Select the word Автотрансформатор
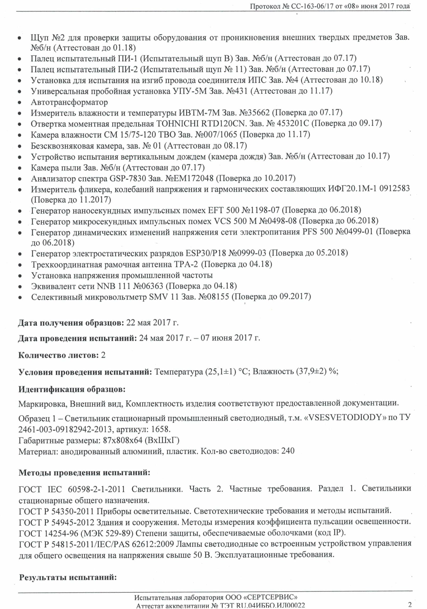[69, 102]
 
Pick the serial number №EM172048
[189, 178]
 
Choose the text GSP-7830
[128, 178]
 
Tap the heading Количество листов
[58, 355]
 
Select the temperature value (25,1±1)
[221, 372]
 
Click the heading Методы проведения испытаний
[84, 473]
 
